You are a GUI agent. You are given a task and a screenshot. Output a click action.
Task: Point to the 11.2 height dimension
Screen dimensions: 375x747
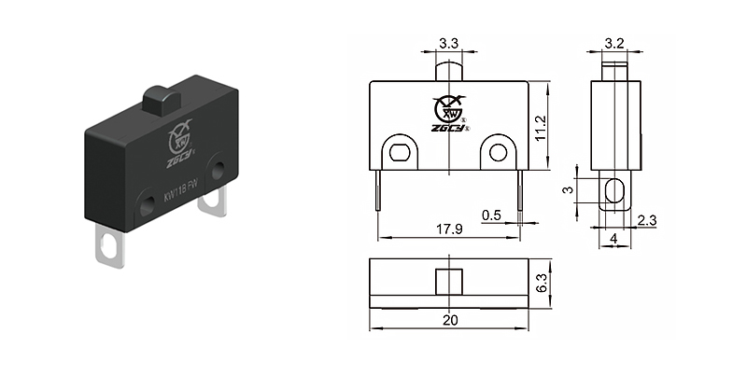point(555,127)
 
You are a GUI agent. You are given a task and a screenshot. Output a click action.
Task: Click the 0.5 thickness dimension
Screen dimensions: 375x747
point(492,215)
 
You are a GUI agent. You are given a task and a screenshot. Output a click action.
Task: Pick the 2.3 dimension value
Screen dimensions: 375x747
point(647,221)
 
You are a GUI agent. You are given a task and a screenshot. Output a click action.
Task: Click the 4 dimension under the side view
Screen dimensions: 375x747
point(613,239)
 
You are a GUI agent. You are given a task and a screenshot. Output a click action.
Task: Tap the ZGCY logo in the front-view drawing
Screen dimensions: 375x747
point(451,113)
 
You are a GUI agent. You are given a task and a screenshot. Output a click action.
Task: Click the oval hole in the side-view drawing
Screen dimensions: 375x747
point(613,192)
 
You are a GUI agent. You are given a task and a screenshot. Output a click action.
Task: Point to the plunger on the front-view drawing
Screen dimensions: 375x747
point(448,70)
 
